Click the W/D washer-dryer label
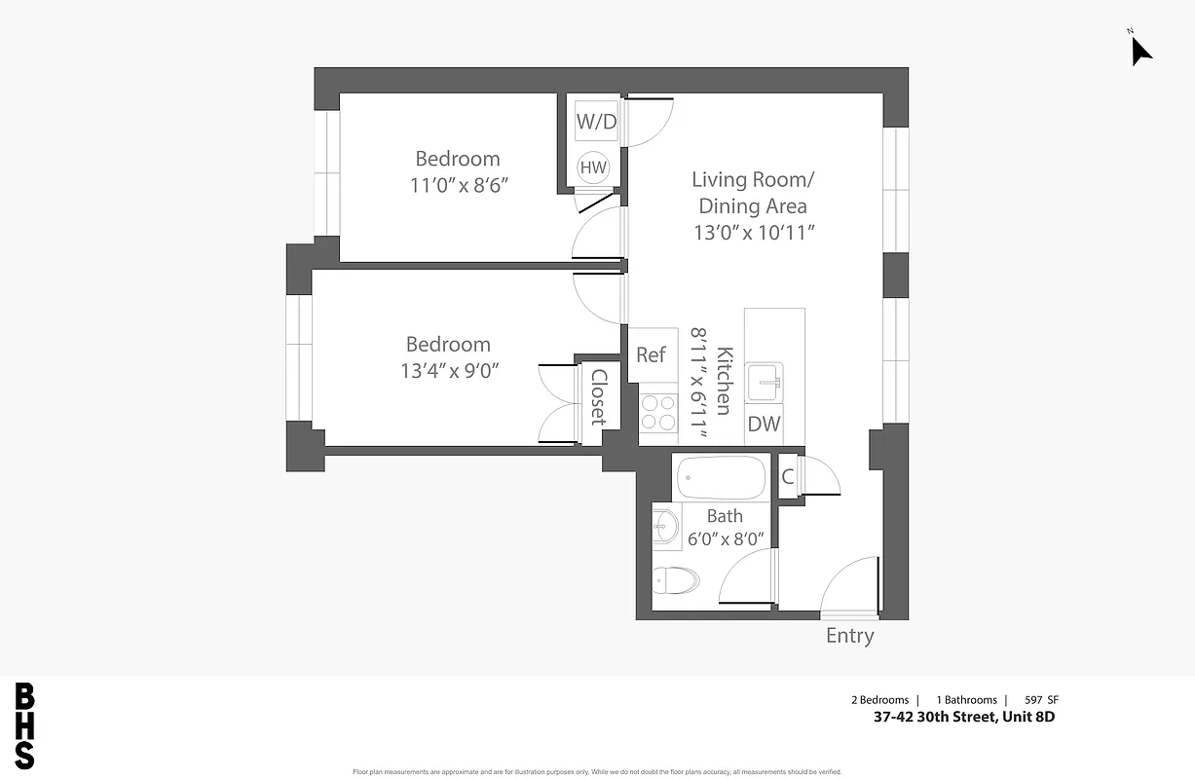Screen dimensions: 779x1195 coord(597,122)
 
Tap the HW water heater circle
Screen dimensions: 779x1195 coord(593,167)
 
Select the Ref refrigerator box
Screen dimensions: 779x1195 coord(651,354)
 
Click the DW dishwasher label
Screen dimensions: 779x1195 coord(764,424)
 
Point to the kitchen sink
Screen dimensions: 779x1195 coord(765,383)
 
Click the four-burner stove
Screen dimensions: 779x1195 coord(658,412)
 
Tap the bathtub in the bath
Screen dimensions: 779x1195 coord(722,478)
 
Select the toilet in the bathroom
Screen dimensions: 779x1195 coord(675,581)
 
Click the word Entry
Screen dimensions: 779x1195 coord(849,636)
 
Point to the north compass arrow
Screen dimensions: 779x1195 coord(1139,50)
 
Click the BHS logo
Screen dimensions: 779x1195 coord(25,726)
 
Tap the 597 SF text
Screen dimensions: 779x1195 coord(1041,700)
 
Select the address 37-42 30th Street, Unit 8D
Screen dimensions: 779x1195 coord(963,718)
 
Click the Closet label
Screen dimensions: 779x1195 coord(598,397)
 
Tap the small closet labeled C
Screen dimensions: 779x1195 coord(788,476)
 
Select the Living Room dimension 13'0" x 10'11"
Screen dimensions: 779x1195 coord(753,232)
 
